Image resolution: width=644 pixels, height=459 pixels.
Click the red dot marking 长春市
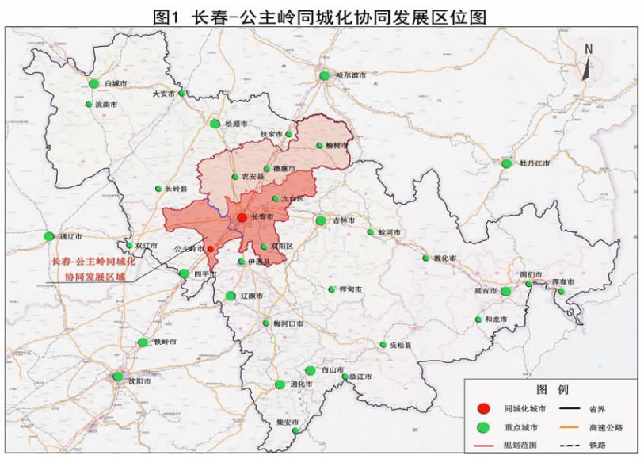pyautogui.click(x=242, y=216)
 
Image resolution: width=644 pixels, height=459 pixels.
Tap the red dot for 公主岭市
pyautogui.click(x=210, y=248)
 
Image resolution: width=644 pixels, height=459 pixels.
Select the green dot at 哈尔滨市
pyautogui.click(x=325, y=75)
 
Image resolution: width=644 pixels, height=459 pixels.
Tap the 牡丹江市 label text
pyautogui.click(x=534, y=163)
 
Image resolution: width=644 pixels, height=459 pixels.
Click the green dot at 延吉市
pyautogui.click(x=505, y=291)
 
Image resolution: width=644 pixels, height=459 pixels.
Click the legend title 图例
pyautogui.click(x=552, y=391)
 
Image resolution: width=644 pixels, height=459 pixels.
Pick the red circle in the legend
pyautogui.click(x=482, y=409)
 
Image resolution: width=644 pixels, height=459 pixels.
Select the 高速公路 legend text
pyautogui.click(x=605, y=427)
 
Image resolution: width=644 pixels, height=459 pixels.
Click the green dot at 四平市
pyautogui.click(x=185, y=273)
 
